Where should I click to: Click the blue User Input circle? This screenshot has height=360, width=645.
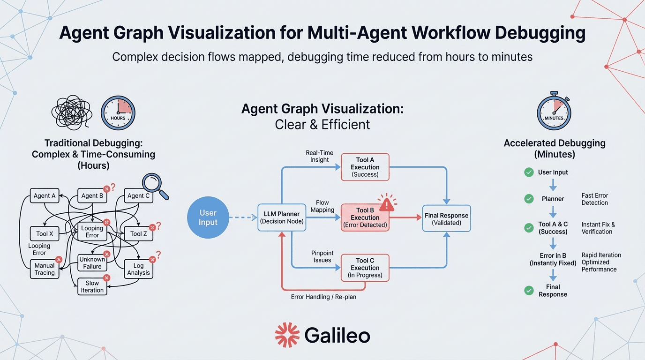pyautogui.click(x=208, y=217)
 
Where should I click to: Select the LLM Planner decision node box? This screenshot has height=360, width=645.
pyautogui.click(x=282, y=217)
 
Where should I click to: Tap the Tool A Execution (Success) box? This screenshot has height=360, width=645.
pyautogui.click(x=365, y=167)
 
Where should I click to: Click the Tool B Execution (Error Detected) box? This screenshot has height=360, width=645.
pyautogui.click(x=365, y=217)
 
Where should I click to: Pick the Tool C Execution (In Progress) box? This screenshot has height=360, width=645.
pyautogui.click(x=365, y=268)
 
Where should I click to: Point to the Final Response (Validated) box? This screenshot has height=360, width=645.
pyautogui.click(x=446, y=218)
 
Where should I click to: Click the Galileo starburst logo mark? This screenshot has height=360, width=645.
pyautogui.click(x=287, y=335)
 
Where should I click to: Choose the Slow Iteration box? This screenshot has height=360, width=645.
pyautogui.click(x=92, y=286)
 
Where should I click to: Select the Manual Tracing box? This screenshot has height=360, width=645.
pyautogui.click(x=45, y=269)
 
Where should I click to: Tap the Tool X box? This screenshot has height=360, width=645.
pyautogui.click(x=45, y=233)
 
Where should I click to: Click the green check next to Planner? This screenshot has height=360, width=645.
pyautogui.click(x=529, y=199)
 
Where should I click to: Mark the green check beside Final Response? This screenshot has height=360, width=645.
pyautogui.click(x=529, y=291)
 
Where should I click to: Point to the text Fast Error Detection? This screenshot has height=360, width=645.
pyautogui.click(x=594, y=199)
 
